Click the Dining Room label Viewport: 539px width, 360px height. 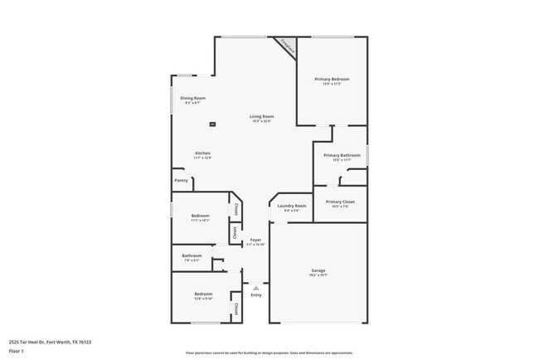click(193, 98)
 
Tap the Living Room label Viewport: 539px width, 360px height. click(262, 116)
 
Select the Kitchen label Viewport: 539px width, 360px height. click(202, 153)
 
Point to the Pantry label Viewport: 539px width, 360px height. click(181, 180)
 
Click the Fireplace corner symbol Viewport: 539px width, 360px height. click(287, 46)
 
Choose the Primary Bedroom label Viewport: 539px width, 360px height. click(331, 79)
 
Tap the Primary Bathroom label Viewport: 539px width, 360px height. click(342, 155)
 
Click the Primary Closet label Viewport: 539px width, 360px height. click(340, 202)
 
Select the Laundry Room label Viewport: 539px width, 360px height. click(292, 206)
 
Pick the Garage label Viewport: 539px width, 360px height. click(318, 270)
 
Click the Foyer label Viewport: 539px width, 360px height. click(256, 240)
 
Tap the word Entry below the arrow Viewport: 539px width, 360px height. click(256, 294)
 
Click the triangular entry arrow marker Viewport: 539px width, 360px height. click(256, 287)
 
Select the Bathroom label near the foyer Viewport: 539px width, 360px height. click(192, 255)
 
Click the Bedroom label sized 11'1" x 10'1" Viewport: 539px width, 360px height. click(201, 216)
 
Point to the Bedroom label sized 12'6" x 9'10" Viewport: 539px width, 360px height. click(203, 294)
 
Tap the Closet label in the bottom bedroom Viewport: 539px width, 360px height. click(236, 309)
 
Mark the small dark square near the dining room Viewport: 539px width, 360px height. click(213, 124)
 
